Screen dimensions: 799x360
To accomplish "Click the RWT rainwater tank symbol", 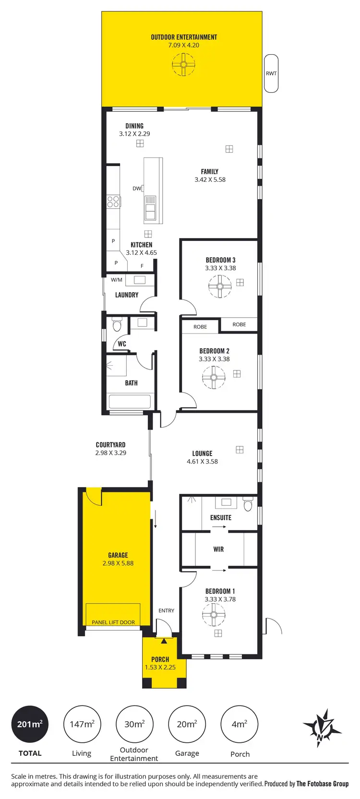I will point(271,73).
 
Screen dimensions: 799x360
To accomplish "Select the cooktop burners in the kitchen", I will point(113,201).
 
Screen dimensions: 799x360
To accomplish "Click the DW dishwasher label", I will point(137,189).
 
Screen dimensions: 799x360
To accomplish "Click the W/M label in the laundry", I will point(117,280).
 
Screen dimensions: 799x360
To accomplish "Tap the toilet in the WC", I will point(117,326).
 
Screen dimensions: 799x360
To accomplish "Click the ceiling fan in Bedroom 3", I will point(220,286).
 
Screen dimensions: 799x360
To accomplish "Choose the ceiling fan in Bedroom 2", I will point(214,378).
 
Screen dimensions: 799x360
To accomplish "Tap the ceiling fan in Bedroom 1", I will point(214,615).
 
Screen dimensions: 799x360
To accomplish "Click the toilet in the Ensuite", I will point(248,505).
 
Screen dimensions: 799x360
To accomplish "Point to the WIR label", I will point(218,549).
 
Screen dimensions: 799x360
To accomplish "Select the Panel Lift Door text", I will point(113,622).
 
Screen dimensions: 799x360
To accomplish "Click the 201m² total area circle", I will point(30,724).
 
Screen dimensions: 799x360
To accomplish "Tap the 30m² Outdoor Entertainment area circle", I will point(134,724).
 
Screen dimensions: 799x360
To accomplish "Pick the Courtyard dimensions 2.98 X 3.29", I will point(111,453).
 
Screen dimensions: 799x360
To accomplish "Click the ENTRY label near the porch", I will point(167,610).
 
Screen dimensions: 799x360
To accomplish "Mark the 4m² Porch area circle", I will point(239,724).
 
